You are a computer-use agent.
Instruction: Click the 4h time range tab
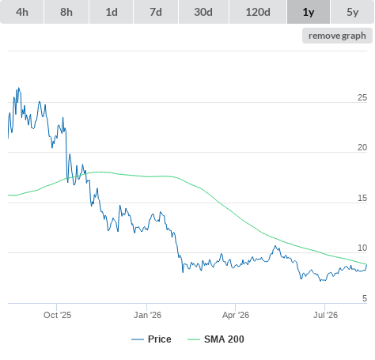tap(22, 12)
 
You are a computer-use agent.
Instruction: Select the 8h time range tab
tap(66, 12)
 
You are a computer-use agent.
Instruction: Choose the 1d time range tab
tap(112, 12)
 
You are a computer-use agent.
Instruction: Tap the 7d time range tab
tap(156, 12)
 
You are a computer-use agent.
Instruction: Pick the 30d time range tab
tap(203, 12)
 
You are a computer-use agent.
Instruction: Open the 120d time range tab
tap(258, 12)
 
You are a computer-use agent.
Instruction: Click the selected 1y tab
tap(309, 12)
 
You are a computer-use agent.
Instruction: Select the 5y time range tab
tap(353, 12)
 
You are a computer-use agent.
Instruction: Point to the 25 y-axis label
tap(362, 97)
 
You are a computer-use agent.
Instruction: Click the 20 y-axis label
tap(362, 147)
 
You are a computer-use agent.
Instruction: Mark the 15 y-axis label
tap(362, 198)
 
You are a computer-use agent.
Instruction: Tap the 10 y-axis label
tap(362, 248)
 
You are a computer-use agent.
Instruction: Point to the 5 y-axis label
tap(365, 298)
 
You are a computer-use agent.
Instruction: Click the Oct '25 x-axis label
tap(58, 315)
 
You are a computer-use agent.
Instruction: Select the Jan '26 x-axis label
tap(147, 315)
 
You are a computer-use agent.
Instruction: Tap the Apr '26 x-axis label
tap(236, 315)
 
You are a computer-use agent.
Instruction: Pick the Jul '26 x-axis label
tap(325, 315)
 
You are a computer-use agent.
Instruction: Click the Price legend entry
tap(151, 339)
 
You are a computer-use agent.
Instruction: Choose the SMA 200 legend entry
tap(216, 339)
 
